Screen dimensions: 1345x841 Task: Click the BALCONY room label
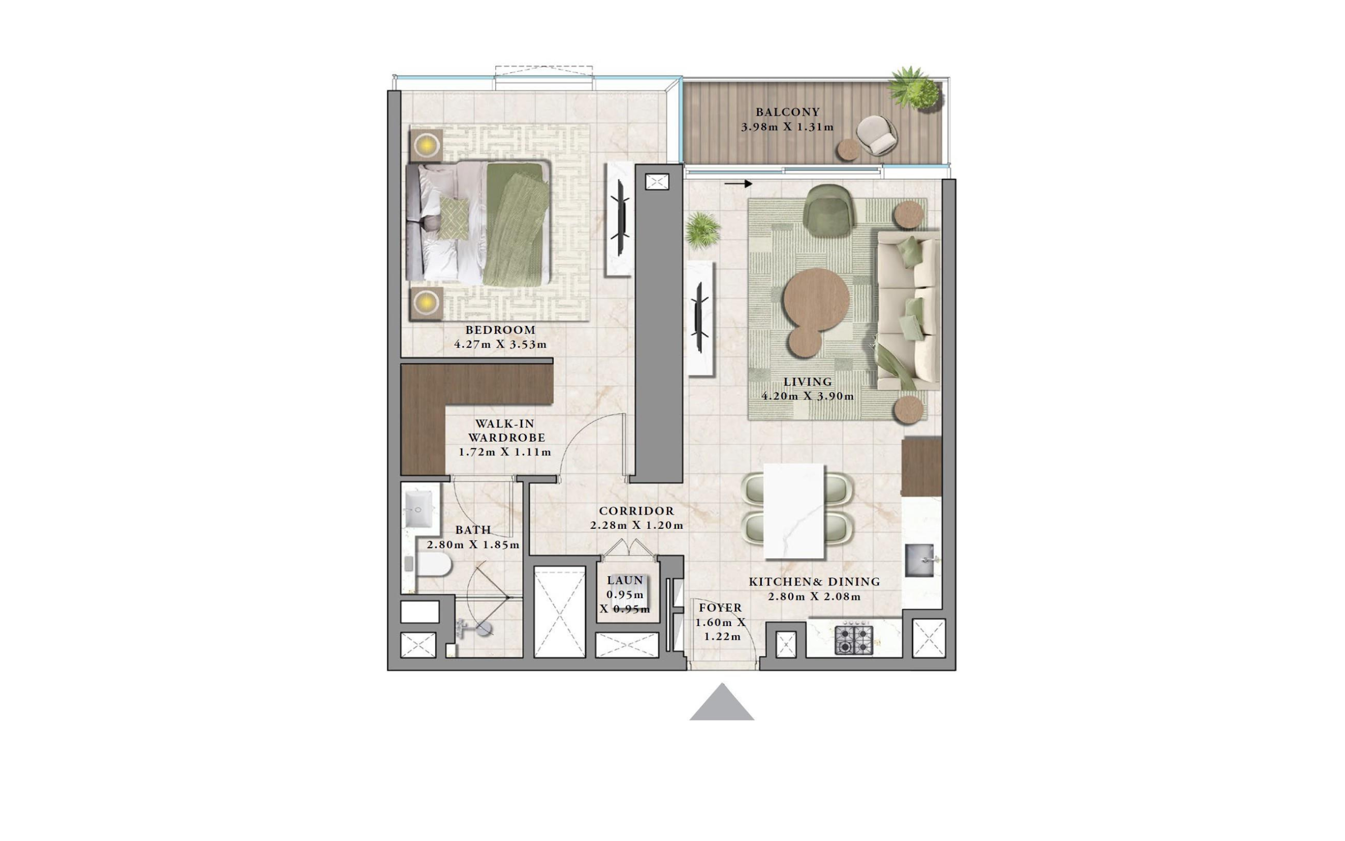[788, 112]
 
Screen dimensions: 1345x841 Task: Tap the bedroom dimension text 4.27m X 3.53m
[500, 344]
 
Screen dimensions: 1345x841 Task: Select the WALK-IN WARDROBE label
[506, 430]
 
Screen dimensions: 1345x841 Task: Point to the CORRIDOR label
[636, 510]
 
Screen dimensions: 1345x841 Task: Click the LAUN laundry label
[625, 580]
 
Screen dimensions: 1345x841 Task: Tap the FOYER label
[720, 608]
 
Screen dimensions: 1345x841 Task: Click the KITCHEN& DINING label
[814, 582]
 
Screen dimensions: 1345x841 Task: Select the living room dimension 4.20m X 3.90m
[808, 396]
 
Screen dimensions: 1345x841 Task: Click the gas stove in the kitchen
[854, 640]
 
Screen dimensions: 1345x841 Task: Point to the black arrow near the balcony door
[738, 183]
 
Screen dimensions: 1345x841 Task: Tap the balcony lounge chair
[876, 135]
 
